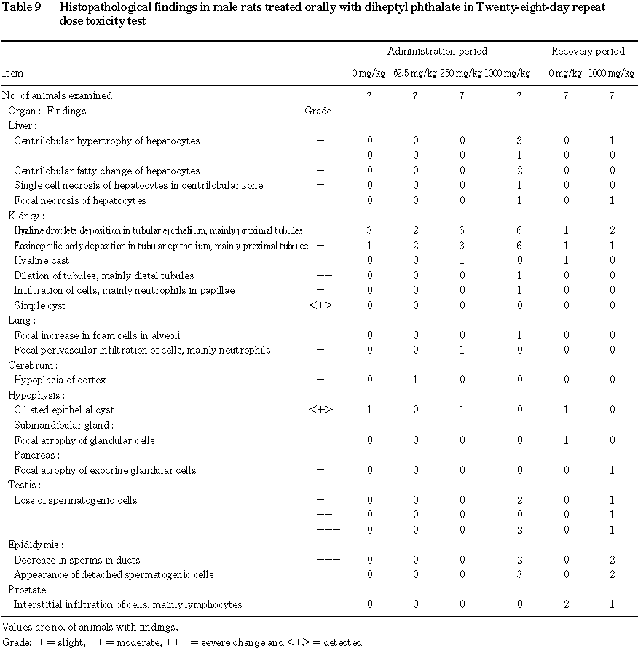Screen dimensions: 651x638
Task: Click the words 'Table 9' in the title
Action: click(23, 7)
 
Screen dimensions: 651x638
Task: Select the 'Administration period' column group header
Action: click(437, 51)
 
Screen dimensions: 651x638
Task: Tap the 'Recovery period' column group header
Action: click(588, 51)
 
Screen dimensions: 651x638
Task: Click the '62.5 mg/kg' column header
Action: click(415, 73)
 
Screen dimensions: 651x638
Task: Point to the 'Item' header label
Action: click(12, 73)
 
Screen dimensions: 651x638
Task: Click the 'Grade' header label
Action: click(318, 111)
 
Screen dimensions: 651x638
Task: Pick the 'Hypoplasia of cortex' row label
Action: click(60, 380)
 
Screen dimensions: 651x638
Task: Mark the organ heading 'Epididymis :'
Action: click(36, 545)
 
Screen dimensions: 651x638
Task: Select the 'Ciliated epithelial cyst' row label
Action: click(64, 410)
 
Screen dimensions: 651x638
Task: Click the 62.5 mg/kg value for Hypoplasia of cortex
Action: click(415, 380)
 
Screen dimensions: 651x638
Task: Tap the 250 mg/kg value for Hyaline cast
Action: click(460, 260)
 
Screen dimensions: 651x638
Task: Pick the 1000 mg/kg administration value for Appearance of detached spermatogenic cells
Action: click(519, 574)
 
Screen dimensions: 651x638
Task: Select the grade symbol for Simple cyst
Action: click(320, 305)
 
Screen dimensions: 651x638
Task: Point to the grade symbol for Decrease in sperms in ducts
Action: click(328, 560)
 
